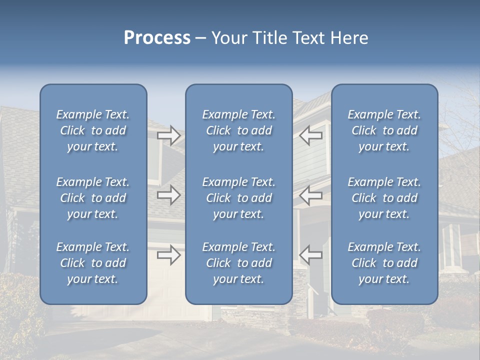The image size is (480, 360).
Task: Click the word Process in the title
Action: (157, 38)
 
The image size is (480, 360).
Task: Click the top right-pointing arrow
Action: (169, 135)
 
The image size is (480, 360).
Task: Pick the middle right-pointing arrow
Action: (169, 195)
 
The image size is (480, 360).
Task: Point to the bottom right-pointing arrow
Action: (169, 255)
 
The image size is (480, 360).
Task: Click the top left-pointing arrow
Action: (311, 135)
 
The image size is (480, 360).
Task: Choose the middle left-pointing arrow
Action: (311, 195)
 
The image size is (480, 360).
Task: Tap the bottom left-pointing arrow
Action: (311, 254)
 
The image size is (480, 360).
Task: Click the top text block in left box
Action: (93, 130)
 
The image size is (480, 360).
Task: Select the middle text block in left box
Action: (93, 198)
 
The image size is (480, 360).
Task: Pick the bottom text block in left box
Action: (93, 263)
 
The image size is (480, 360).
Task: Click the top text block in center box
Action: (239, 130)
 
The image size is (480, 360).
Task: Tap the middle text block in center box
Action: (239, 198)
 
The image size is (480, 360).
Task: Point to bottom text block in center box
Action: (239, 263)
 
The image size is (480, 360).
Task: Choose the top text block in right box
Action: (384, 130)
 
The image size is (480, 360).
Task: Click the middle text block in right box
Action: (384, 198)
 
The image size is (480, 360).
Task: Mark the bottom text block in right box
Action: (384, 263)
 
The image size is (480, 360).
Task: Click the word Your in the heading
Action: (227, 38)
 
